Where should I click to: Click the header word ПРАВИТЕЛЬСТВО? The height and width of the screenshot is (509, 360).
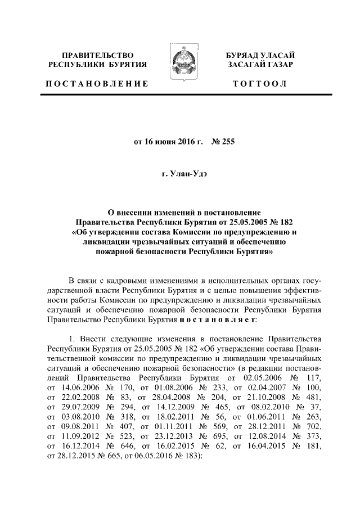tap(98, 55)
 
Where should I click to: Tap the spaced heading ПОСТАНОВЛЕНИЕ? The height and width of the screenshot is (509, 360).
tap(97, 84)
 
